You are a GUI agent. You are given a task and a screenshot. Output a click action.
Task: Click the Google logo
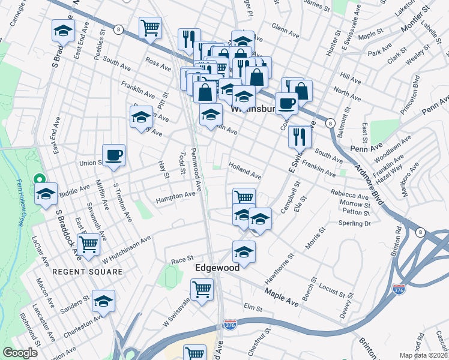point(20,353)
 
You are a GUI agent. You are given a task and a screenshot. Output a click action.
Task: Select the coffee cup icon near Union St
point(113,156)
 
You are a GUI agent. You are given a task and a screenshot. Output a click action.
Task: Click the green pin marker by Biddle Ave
point(40,179)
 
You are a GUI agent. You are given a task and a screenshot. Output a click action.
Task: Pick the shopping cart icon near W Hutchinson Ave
point(88,244)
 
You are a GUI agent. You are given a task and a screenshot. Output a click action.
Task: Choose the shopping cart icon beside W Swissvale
point(202,290)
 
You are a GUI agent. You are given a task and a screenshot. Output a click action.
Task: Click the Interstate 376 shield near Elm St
point(230,324)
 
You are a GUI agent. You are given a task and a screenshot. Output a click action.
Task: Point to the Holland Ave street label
point(244,172)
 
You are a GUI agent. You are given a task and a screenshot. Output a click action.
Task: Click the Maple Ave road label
point(282,294)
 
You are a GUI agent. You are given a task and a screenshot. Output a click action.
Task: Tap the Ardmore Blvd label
point(367,187)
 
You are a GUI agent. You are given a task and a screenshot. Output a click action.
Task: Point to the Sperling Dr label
point(355,223)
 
